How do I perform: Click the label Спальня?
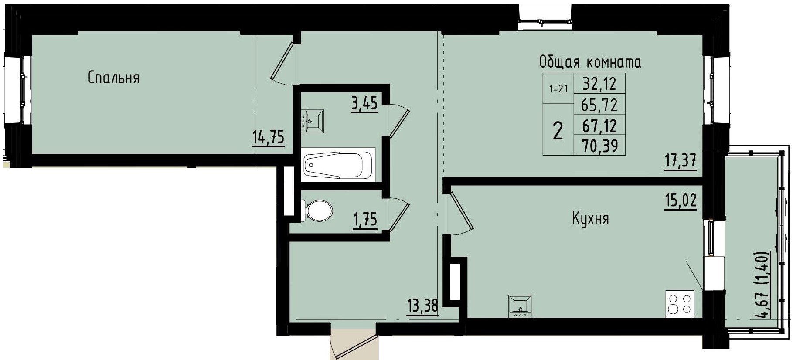pos(113,78)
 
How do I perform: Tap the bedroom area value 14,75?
pos(268,138)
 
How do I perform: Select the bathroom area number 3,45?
pos(364,104)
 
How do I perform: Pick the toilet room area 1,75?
pos(364,220)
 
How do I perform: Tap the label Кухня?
pos(590,218)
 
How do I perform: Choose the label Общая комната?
pos(590,62)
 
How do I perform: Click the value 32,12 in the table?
pos(600,83)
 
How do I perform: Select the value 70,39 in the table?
pos(600,146)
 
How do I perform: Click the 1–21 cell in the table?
pos(558,89)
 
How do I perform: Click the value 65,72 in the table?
pos(600,105)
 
